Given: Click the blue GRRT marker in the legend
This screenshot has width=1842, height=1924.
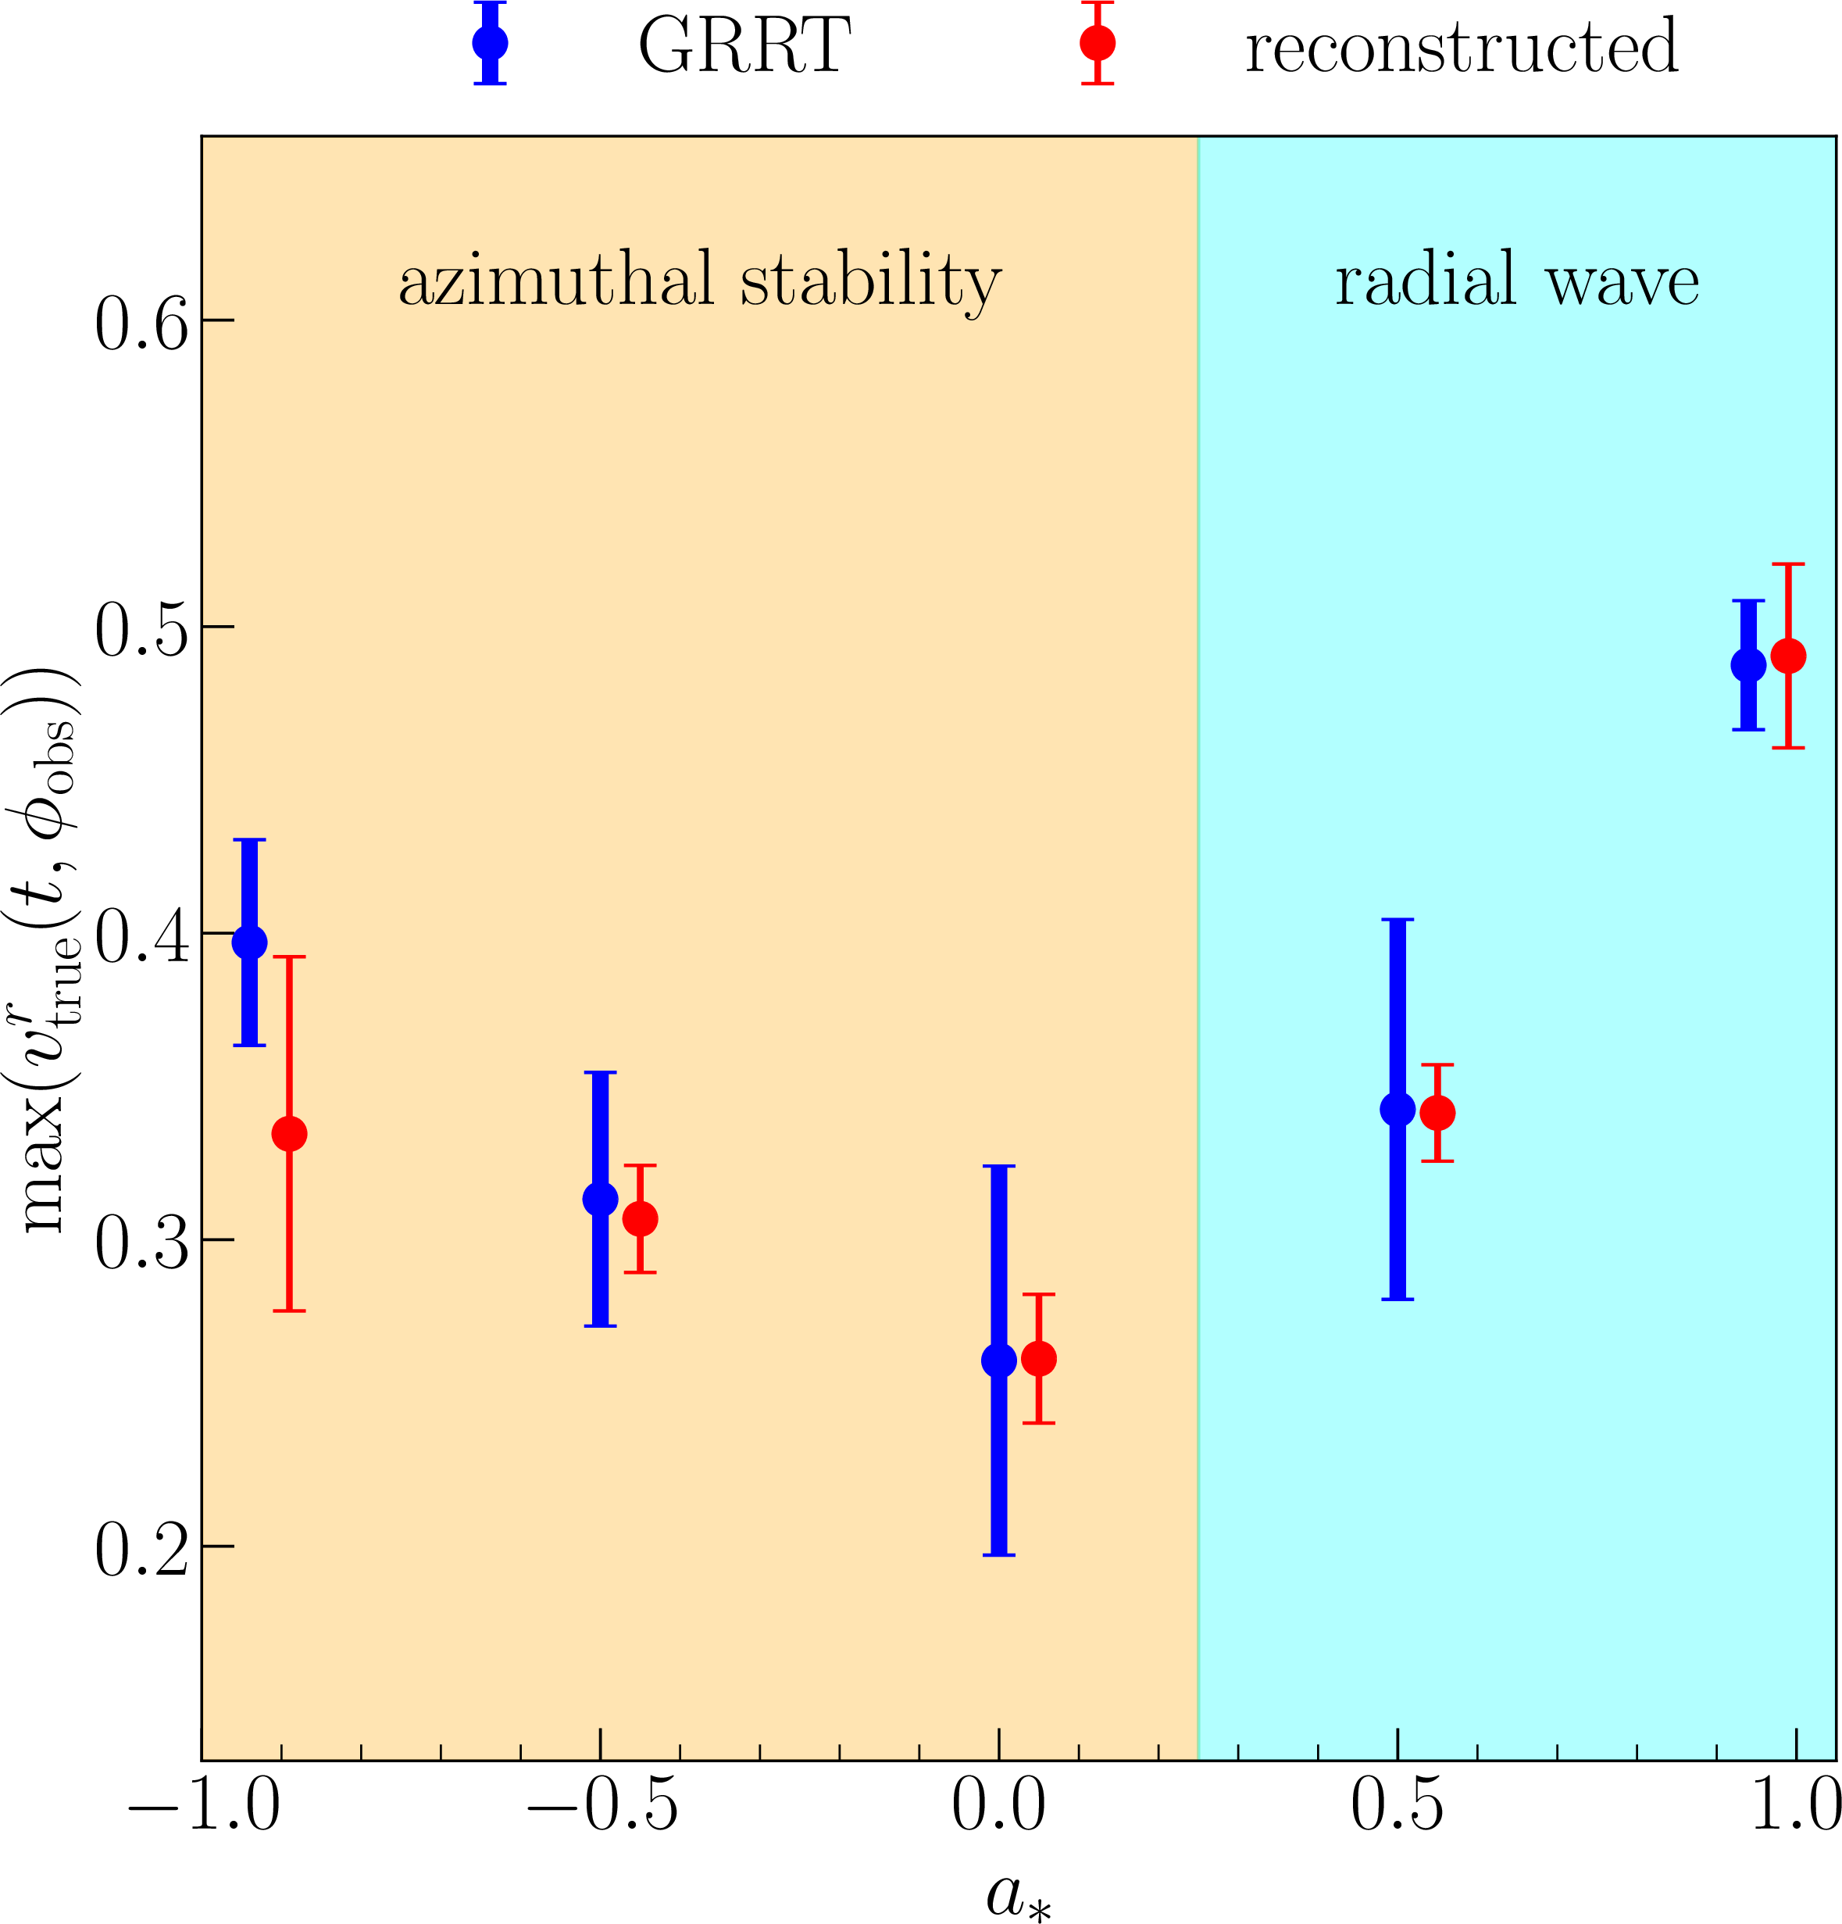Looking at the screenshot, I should [x=490, y=43].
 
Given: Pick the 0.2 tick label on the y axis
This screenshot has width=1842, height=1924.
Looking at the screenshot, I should [x=141, y=1552].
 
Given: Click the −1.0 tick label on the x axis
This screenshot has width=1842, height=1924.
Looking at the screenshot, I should [x=204, y=1806].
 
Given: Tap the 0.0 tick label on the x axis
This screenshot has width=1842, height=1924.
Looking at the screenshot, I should [x=999, y=1806].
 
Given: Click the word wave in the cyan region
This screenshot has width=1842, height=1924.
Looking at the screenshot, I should [x=1621, y=282].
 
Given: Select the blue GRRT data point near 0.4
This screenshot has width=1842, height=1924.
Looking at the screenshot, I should [x=249, y=942].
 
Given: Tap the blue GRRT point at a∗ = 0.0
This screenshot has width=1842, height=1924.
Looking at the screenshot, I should [x=999, y=1360].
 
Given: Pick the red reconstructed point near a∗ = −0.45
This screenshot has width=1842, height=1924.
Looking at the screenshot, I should [x=640, y=1219].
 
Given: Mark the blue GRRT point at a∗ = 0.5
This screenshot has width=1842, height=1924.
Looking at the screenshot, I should [x=1398, y=1109].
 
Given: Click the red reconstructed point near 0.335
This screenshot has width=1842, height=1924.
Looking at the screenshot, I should [x=288, y=1134].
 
